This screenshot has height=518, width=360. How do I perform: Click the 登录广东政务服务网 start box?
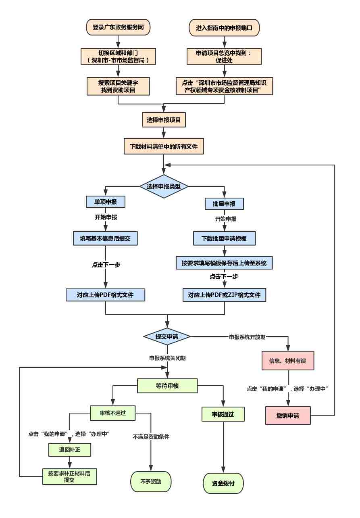118,27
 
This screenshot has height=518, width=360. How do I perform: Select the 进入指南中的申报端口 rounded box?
224,28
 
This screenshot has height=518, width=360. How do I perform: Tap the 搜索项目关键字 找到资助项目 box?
118,86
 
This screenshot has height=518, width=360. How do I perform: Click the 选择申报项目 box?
164,120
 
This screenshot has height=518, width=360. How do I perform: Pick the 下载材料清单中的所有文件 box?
164,146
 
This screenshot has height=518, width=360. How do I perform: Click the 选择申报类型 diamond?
164,186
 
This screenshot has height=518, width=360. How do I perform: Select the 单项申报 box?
106,202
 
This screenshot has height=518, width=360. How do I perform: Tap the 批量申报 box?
224,204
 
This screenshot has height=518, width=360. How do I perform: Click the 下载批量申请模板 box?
225,238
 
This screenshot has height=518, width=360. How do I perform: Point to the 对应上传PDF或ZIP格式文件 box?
225,295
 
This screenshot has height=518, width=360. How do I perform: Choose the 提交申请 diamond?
167,336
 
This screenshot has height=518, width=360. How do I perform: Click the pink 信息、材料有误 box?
288,361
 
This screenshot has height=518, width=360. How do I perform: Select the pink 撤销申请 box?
288,416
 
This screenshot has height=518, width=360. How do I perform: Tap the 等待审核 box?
167,386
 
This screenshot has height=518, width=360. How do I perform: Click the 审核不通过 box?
113,413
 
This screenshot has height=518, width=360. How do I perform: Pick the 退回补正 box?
70,450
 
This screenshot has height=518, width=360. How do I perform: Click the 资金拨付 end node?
223,483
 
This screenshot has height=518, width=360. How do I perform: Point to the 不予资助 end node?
151,482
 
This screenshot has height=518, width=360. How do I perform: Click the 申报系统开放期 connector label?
247,337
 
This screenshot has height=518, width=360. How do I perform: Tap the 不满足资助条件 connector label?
151,437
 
